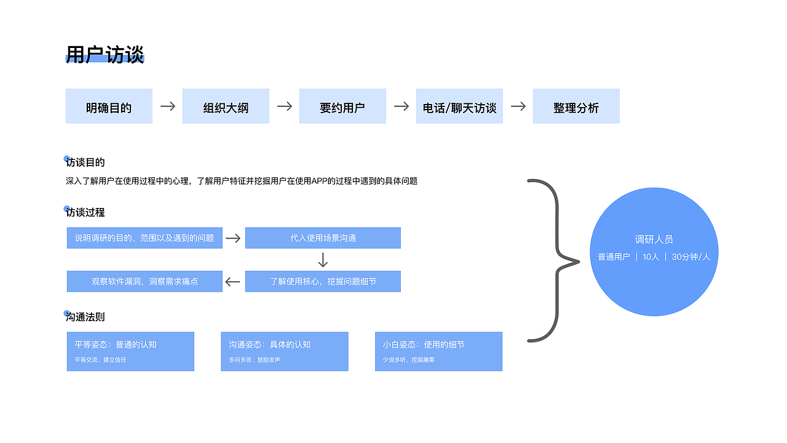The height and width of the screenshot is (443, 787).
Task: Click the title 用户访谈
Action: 105,55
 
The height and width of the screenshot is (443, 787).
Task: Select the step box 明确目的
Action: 109,106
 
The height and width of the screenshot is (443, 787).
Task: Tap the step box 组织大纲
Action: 226,106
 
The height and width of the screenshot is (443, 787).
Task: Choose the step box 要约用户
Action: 342,106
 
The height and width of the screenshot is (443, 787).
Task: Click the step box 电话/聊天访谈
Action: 459,106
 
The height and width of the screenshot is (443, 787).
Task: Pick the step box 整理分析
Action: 576,106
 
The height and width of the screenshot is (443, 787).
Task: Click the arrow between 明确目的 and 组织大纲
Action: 168,106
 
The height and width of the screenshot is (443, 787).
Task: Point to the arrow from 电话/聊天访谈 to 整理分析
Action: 518,106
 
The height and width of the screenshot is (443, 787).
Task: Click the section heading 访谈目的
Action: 85,162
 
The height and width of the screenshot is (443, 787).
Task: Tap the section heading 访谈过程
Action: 85,212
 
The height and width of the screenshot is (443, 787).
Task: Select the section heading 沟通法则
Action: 85,317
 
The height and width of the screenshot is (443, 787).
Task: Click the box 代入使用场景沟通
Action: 323,238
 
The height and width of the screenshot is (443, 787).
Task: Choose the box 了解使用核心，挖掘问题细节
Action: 323,281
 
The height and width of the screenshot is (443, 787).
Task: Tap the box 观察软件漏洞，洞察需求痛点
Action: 144,281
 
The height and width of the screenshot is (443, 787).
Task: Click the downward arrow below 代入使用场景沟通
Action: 323,260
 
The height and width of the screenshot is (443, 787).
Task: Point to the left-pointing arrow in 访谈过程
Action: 232,282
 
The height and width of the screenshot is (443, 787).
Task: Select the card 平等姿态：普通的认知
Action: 130,351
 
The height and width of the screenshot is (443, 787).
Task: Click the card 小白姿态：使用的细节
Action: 438,351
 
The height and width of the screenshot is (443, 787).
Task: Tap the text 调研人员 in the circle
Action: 654,239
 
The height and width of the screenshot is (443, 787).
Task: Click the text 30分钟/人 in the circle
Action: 690,257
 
